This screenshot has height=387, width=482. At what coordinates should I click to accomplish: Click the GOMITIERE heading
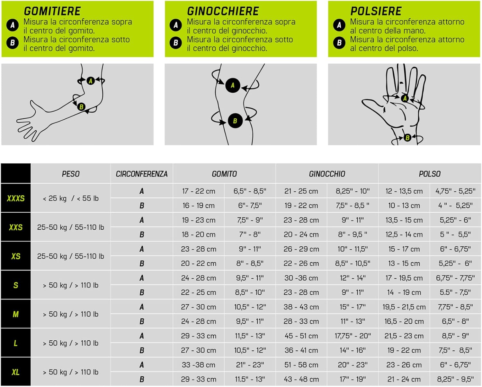point(52,11)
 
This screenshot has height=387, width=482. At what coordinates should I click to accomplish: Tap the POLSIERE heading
point(376,11)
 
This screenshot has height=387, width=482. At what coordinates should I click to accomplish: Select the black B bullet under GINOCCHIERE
point(176,42)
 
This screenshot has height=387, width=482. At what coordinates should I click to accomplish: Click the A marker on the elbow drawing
point(91,81)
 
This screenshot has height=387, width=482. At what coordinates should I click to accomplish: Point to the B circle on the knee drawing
point(235,121)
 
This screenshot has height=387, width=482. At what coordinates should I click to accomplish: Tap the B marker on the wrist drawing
point(407,138)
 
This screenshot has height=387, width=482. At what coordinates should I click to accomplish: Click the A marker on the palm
point(405,98)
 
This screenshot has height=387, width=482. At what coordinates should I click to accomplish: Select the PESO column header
point(71,174)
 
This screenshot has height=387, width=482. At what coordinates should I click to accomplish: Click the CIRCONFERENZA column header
point(142,174)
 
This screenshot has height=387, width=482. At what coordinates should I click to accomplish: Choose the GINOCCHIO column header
point(327,174)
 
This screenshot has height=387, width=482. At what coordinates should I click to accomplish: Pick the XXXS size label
point(16,198)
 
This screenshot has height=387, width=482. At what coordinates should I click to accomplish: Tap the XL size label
point(16,372)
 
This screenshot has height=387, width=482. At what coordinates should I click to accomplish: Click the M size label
point(16,314)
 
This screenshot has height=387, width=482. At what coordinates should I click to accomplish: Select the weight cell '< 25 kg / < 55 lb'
point(71,198)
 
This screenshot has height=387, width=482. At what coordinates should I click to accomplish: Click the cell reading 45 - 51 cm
point(301,336)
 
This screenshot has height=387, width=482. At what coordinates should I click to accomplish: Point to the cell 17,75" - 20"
point(353,336)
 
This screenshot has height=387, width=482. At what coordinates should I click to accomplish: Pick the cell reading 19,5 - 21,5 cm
point(404,307)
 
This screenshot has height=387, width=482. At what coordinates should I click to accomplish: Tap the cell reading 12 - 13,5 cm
point(404,191)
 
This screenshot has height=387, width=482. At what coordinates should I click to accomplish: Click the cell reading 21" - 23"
point(250,364)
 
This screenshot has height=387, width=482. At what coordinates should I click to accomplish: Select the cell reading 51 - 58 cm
point(301,364)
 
